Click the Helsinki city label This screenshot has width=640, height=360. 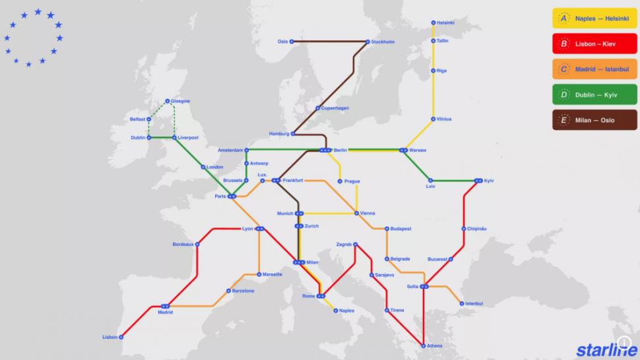click(x=445, y=22)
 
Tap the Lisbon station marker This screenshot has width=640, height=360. click(x=121, y=337)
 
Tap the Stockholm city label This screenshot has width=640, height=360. click(x=383, y=42)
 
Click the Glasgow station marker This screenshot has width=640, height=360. click(x=168, y=101)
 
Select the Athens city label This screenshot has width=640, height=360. click(x=434, y=345)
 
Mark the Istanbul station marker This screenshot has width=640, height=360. click(x=461, y=303)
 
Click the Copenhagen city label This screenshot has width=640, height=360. click(x=335, y=108)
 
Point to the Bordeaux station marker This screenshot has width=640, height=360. click(x=196, y=244)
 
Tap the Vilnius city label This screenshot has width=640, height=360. click(x=443, y=119)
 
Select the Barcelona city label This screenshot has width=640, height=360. click(x=243, y=291)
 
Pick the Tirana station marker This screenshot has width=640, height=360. click(x=387, y=310)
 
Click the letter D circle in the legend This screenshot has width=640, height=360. click(x=564, y=95)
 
